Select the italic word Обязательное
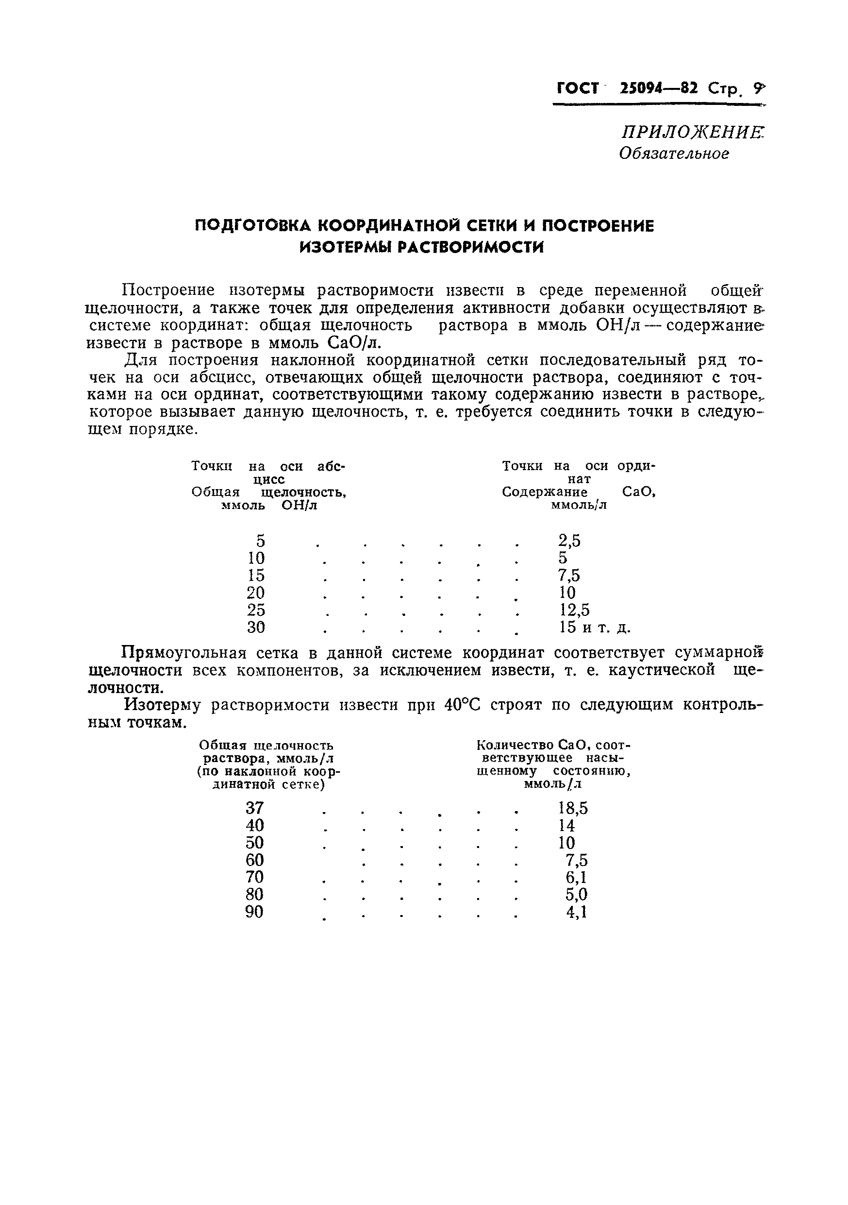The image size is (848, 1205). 673,153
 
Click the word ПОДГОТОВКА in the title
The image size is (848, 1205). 253,226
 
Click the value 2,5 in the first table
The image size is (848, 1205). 569,541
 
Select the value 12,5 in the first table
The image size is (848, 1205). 574,610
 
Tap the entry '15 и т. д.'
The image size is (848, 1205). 595,627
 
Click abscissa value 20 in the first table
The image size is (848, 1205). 256,593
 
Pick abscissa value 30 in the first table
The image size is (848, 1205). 256,627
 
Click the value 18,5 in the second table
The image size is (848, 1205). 573,808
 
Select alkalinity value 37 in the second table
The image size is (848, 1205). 255,808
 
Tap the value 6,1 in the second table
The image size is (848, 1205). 576,878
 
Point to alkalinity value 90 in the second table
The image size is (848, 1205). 255,912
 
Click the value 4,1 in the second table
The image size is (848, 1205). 576,912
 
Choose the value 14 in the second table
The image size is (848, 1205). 567,826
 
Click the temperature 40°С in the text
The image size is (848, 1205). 462,705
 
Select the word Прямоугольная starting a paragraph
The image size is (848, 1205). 183,653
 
